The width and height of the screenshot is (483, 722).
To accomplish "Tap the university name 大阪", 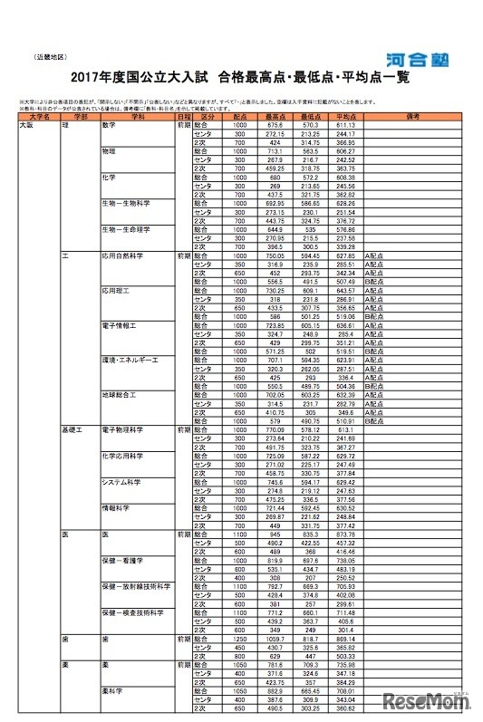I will (27, 124).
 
